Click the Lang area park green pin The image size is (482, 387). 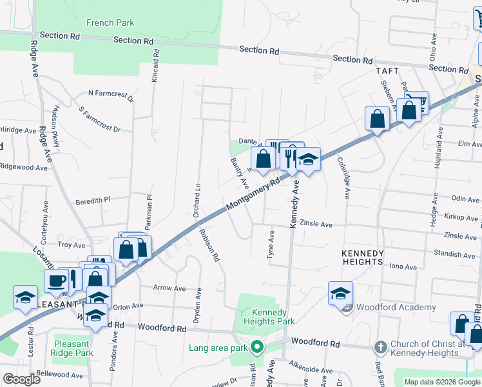[x=257, y=348]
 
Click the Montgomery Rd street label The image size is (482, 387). [x=254, y=193]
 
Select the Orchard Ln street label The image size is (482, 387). [x=198, y=186]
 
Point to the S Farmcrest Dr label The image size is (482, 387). [x=99, y=120]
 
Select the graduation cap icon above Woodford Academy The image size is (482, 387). [x=340, y=293]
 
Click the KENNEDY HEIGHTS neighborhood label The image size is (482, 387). [x=363, y=257]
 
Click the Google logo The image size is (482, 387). [x=22, y=379]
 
